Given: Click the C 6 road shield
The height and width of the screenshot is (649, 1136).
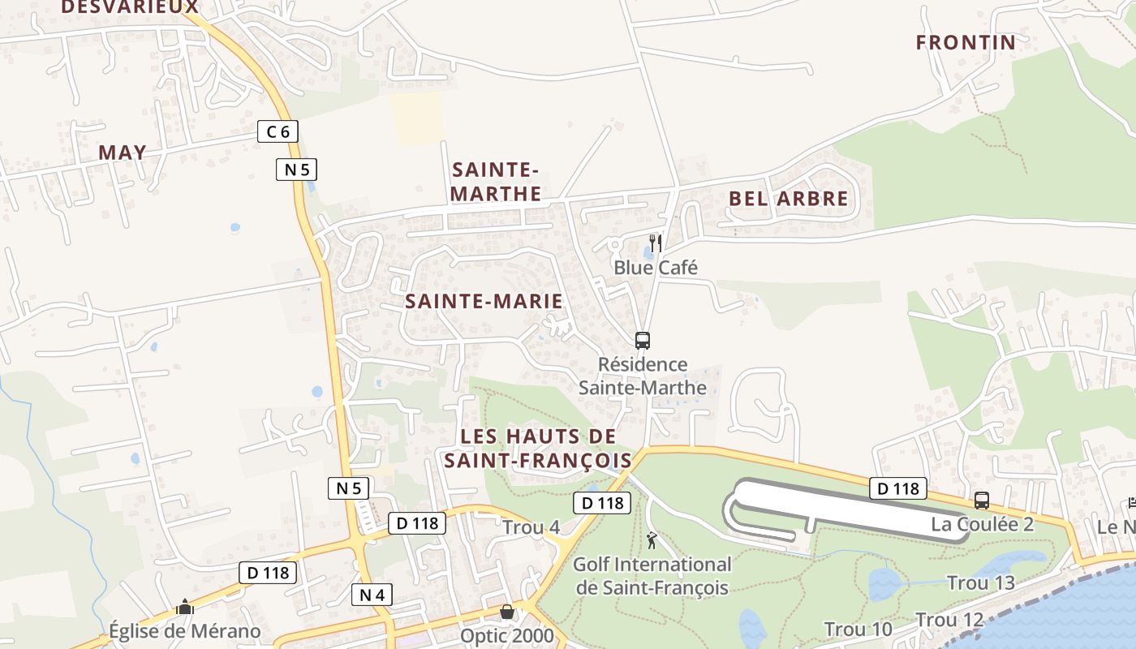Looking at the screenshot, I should coord(278,131).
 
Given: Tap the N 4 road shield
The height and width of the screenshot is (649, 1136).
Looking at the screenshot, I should coord(372,595).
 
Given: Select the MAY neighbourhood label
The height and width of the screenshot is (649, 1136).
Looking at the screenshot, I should coord(123,153).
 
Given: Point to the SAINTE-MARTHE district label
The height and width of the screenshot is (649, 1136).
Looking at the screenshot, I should coord(496,182).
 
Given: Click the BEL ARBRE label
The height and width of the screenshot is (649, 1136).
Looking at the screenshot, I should coord(788,199).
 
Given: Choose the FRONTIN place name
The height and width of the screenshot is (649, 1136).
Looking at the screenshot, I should coord(966,42).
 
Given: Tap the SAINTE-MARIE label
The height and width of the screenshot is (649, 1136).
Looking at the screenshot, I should coord(484,301).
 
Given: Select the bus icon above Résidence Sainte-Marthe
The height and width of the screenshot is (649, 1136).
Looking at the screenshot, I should coord(643,340).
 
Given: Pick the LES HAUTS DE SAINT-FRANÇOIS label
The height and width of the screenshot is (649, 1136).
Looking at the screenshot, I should coord(538,448).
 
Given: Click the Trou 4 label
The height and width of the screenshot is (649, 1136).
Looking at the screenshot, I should coord(531,527).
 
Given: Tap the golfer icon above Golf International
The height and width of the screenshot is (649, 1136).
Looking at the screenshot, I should coord(652,539).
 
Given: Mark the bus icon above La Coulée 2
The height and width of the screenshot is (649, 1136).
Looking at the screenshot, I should coord(982,501).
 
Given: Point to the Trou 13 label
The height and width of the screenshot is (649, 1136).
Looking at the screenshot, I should coord(980,582).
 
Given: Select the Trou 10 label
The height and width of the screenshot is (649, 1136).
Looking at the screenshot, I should coord(858,629).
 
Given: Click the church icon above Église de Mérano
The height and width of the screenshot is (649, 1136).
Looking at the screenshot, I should coord(185,607).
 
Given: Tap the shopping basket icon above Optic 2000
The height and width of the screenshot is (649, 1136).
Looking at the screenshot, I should coord(507,611).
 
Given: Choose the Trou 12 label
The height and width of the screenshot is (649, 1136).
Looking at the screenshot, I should coord(949,621).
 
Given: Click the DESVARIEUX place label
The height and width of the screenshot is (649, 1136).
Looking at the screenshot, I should coord(130,7).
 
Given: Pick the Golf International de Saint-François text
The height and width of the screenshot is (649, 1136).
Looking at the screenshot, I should coord(652,575).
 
